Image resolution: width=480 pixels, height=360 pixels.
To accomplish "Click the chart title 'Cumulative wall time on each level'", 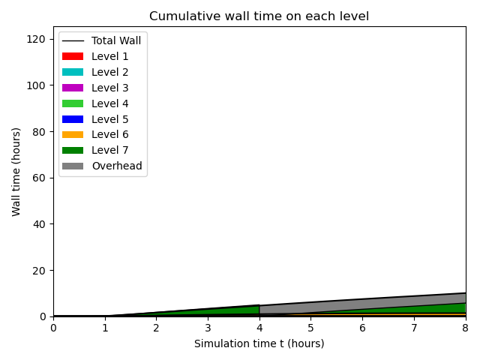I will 259,16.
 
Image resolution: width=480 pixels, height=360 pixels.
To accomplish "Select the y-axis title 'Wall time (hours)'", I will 16,172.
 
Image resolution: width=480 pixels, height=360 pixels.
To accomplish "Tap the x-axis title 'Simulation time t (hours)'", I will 259,343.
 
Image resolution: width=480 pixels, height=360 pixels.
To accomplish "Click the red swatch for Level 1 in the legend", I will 73,56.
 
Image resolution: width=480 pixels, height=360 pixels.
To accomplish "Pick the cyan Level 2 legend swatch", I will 73,72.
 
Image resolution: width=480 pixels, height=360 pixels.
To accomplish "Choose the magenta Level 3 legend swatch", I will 73,88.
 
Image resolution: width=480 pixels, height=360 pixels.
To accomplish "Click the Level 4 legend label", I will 109,103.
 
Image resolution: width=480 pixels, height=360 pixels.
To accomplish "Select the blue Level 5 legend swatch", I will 73,119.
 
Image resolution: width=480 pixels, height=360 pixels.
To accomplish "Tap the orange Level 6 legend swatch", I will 73,135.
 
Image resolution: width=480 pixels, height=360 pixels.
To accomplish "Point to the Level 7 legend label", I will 109,151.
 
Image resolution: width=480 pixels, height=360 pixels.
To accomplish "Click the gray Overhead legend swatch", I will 73,166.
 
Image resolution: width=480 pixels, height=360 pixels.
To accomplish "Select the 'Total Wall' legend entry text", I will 116,40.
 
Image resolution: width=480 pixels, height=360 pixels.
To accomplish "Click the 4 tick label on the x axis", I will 259,328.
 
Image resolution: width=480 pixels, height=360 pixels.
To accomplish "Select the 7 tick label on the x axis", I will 414,328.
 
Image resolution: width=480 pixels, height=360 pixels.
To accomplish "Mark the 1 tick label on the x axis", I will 105,328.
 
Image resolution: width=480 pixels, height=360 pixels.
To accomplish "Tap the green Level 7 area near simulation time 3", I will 208,312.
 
